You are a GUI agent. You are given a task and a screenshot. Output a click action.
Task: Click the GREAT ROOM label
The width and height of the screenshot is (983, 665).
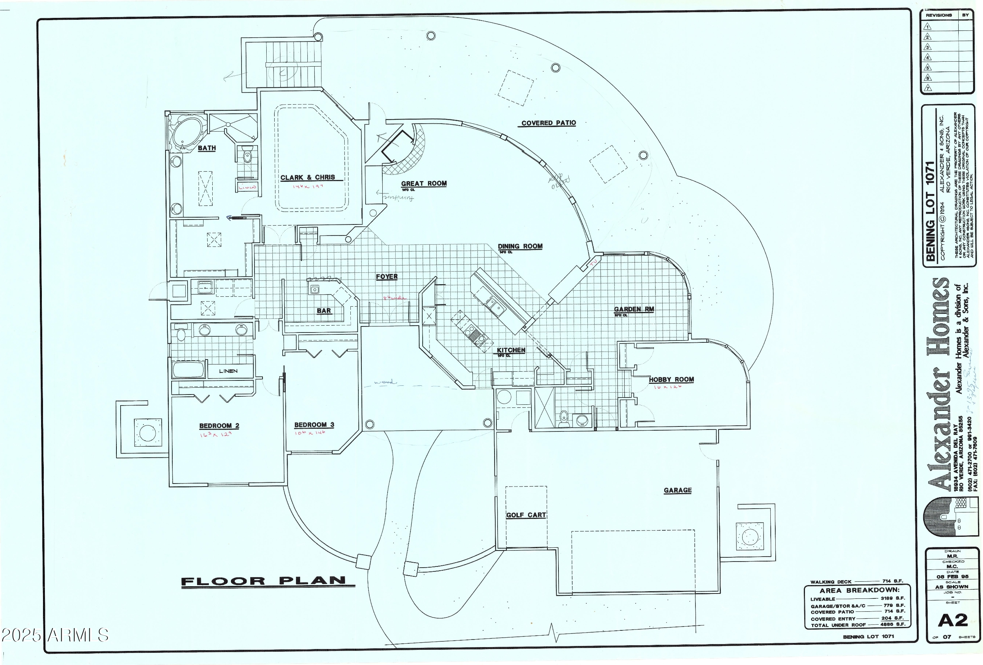424,184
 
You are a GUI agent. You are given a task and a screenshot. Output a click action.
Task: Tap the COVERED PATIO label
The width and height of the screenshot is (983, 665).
548,123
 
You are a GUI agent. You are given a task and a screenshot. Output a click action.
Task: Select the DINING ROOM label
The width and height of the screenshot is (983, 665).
520,246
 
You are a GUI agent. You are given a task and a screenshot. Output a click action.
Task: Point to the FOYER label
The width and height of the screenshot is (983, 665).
387,277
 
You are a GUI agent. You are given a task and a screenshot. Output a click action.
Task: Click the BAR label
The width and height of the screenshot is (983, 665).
324,311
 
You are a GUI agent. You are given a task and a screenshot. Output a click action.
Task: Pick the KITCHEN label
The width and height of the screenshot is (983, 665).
511,350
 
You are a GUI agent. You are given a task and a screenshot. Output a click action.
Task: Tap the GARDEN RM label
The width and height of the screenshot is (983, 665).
634,309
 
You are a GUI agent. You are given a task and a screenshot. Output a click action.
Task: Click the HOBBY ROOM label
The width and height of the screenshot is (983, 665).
671,379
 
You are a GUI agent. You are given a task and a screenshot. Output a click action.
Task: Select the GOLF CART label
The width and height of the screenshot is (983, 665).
526,515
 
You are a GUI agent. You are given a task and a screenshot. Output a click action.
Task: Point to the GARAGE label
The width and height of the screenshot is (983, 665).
678,490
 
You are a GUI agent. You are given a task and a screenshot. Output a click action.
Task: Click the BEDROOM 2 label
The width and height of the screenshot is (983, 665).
219,426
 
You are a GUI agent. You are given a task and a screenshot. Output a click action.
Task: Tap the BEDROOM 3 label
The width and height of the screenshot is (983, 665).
314,425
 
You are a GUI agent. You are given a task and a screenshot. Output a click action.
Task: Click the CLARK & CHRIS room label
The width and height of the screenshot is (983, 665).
307,178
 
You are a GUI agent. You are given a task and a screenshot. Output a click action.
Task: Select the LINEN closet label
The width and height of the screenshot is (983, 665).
228,371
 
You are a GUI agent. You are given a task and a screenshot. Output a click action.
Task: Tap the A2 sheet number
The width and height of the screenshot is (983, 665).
953,620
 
